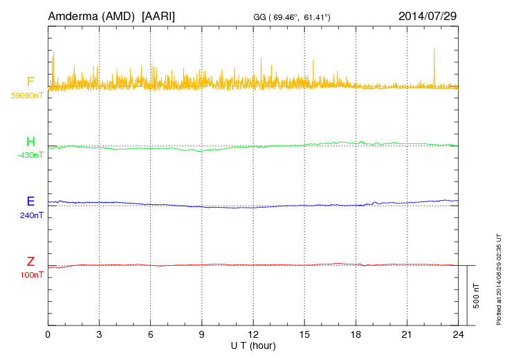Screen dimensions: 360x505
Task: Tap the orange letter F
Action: [x=30, y=82]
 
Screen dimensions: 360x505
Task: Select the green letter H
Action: [x=30, y=142]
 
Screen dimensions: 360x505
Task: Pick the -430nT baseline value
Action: [x=30, y=155]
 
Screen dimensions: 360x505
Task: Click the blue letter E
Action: [x=30, y=201]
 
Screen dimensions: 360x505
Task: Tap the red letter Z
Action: [x=30, y=262]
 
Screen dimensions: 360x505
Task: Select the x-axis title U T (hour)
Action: [x=253, y=345]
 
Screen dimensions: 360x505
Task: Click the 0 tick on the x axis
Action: [x=48, y=334]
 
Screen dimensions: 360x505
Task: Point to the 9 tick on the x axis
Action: [x=202, y=334]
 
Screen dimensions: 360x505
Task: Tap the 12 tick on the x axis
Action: [x=253, y=334]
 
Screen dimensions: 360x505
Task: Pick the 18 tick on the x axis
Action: [x=356, y=334]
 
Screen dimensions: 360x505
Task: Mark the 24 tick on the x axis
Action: [x=458, y=334]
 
